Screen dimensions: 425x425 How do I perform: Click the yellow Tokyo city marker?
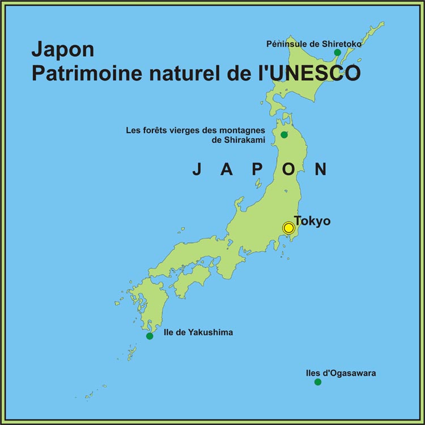click(x=288, y=228)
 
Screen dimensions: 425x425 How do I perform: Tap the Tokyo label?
click(x=312, y=221)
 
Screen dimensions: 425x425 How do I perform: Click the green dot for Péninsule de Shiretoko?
click(x=337, y=53)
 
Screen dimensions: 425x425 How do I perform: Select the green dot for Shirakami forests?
click(x=284, y=134)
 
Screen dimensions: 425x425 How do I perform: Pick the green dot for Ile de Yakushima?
click(x=150, y=336)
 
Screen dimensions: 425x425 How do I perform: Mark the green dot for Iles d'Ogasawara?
click(x=318, y=382)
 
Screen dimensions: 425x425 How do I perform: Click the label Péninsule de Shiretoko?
click(x=314, y=43)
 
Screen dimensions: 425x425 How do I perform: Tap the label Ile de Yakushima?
click(x=198, y=332)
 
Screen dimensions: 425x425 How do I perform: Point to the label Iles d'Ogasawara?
click(x=340, y=373)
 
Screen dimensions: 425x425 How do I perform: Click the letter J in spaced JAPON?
click(x=197, y=169)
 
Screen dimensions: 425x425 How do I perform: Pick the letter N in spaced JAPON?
click(x=321, y=169)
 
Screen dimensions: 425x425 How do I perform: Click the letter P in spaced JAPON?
click(x=259, y=169)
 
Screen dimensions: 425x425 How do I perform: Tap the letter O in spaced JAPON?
click(x=290, y=169)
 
